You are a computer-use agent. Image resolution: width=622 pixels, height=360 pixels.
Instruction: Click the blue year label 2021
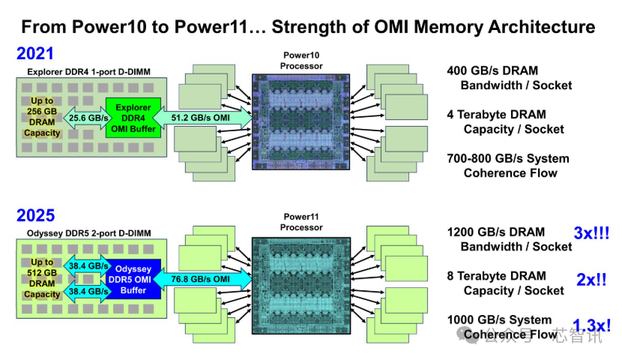tap(35, 54)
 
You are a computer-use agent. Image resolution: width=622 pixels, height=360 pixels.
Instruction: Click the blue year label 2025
tap(35, 215)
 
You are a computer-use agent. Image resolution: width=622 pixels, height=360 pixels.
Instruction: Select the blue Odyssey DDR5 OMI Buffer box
tap(133, 278)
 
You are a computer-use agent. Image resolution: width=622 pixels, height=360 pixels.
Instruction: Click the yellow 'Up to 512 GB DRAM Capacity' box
tap(41, 278)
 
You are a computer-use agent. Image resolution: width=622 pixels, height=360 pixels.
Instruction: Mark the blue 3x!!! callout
tap(591, 233)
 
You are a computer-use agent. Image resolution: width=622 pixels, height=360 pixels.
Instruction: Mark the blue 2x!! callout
tap(591, 280)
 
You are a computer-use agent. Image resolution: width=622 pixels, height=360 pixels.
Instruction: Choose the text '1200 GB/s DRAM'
tap(495, 232)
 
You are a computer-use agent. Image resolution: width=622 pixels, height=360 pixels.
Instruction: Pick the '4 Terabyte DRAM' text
tap(496, 115)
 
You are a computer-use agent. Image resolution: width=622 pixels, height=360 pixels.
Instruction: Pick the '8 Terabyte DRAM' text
tap(496, 276)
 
